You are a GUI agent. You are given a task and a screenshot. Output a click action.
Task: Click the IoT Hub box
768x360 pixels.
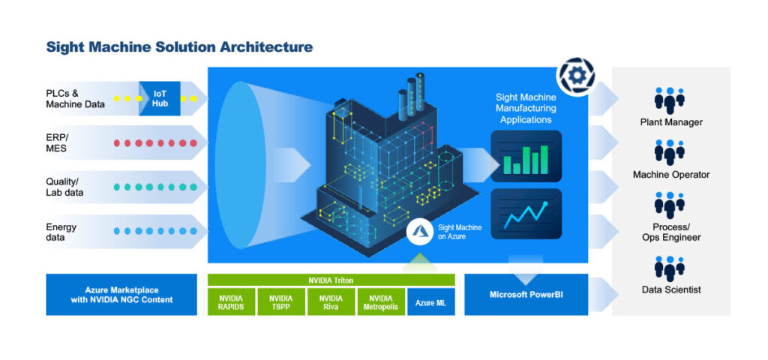[160, 98]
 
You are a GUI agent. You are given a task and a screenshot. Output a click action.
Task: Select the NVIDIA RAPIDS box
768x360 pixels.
[231, 301]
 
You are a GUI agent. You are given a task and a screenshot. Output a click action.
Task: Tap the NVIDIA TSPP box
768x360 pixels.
[280, 301]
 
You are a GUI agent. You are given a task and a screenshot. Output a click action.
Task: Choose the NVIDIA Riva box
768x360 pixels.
[331, 301]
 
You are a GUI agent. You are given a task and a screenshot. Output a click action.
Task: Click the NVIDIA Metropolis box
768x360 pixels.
[380, 301]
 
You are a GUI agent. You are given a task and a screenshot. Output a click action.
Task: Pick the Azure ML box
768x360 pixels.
[431, 301]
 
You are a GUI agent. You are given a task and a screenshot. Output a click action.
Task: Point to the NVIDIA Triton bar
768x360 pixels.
[331, 280]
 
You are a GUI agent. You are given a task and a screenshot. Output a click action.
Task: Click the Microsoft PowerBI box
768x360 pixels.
[526, 294]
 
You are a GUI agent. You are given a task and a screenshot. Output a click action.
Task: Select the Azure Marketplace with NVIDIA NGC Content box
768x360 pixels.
[121, 294]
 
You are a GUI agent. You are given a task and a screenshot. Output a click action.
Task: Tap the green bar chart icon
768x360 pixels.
[526, 156]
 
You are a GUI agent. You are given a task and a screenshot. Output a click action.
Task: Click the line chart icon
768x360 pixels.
[526, 214]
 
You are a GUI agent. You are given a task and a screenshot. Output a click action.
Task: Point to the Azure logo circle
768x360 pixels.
[419, 232]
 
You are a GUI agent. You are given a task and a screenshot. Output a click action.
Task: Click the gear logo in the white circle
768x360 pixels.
[575, 77]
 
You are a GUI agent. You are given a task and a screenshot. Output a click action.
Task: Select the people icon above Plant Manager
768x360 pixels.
[670, 100]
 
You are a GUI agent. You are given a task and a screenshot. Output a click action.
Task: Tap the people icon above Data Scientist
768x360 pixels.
[670, 268]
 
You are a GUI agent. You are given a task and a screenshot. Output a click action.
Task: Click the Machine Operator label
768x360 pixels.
[671, 174]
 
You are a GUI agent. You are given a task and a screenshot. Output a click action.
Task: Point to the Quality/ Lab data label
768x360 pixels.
[64, 187]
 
